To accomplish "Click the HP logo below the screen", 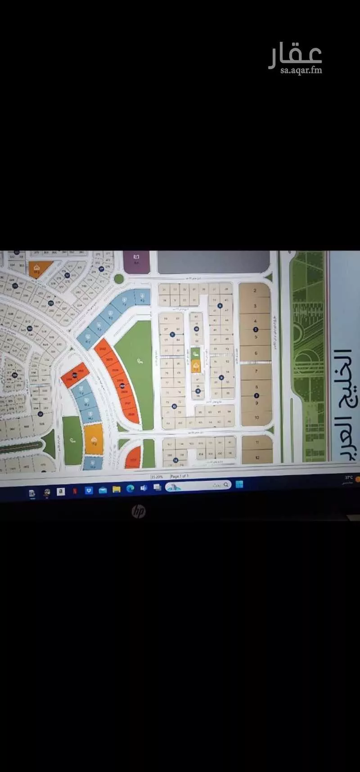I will pyautogui.click(x=139, y=511).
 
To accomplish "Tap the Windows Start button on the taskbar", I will pyautogui.click(x=239, y=485).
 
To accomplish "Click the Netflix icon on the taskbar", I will pyautogui.click(x=74, y=491).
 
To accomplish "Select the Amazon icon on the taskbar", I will pyautogui.click(x=61, y=492).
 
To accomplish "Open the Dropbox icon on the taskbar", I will pyautogui.click(x=89, y=490).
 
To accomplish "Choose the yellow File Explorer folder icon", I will pyautogui.click(x=116, y=489).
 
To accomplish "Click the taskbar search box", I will pyautogui.click(x=198, y=486).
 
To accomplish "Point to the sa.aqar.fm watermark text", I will pyautogui.click(x=301, y=70).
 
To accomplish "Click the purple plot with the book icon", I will pyautogui.click(x=136, y=262).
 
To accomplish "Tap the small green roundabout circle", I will pyautogui.click(x=119, y=279).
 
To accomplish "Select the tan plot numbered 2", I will pyautogui.click(x=255, y=291).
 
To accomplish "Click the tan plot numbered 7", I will pyautogui.click(x=256, y=372).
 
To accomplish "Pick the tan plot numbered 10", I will pyautogui.click(x=257, y=417).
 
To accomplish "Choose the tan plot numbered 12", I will pyautogui.click(x=257, y=457).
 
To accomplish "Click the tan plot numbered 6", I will pyautogui.click(x=256, y=353).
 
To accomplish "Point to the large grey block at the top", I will pyautogui.click(x=213, y=262).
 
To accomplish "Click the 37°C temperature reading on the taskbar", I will pyautogui.click(x=349, y=477).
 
